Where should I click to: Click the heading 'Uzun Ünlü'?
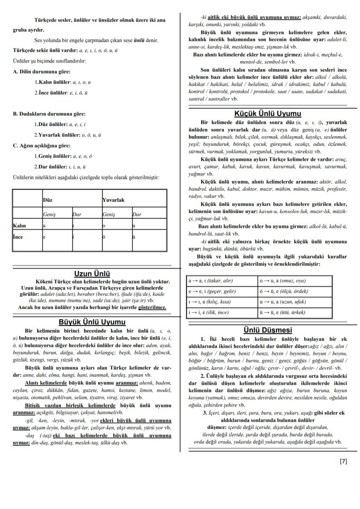92,274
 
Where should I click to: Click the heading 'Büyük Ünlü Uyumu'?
92,322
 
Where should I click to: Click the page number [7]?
343,462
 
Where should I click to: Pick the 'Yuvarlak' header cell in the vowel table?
113,200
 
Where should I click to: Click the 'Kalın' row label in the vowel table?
20,226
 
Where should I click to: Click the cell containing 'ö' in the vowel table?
104,237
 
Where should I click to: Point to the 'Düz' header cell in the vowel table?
48,200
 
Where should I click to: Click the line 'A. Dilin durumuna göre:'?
41,72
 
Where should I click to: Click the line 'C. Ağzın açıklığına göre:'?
41,146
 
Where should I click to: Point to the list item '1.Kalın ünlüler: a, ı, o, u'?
63,82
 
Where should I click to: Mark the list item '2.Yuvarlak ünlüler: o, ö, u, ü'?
67,135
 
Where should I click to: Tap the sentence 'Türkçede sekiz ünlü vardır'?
43,50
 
